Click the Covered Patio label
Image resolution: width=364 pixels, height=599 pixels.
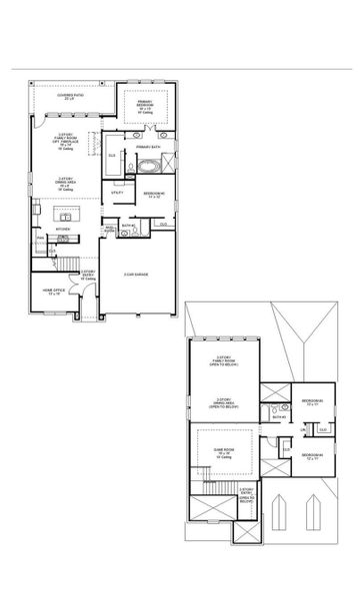70,97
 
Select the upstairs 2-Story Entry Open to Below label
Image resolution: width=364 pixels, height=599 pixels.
245,493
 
